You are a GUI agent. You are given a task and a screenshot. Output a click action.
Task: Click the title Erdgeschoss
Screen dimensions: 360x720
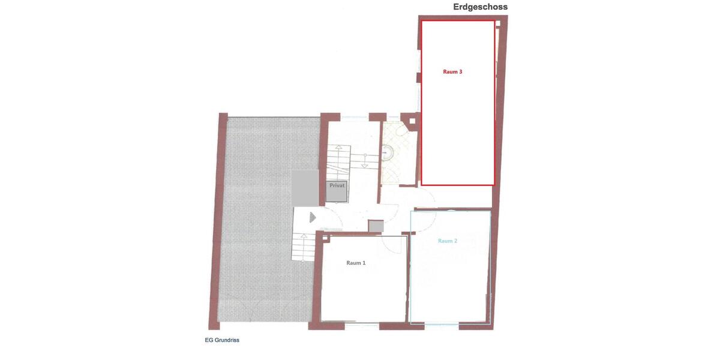click(480, 7)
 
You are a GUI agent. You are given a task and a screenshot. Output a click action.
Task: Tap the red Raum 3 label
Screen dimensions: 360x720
click(452, 71)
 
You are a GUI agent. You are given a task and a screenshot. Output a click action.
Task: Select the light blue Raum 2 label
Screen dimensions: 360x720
click(448, 241)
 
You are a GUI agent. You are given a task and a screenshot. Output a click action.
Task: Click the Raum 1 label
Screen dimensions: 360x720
click(356, 263)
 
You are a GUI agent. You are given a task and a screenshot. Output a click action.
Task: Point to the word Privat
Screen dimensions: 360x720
click(337, 185)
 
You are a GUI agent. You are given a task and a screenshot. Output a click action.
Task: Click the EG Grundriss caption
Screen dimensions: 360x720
click(222, 340)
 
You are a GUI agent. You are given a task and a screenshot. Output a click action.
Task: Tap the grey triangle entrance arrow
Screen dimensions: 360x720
click(312, 217)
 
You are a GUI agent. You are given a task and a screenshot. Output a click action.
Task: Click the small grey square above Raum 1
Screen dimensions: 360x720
click(376, 226)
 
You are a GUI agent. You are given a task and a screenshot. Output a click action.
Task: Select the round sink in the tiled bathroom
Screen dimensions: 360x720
click(388, 153)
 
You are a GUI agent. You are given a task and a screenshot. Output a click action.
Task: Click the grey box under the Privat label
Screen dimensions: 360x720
click(337, 195)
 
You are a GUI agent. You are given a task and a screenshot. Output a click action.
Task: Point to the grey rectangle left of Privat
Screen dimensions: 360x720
click(305, 188)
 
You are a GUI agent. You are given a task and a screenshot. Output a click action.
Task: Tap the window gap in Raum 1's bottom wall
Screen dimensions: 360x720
click(362, 326)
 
